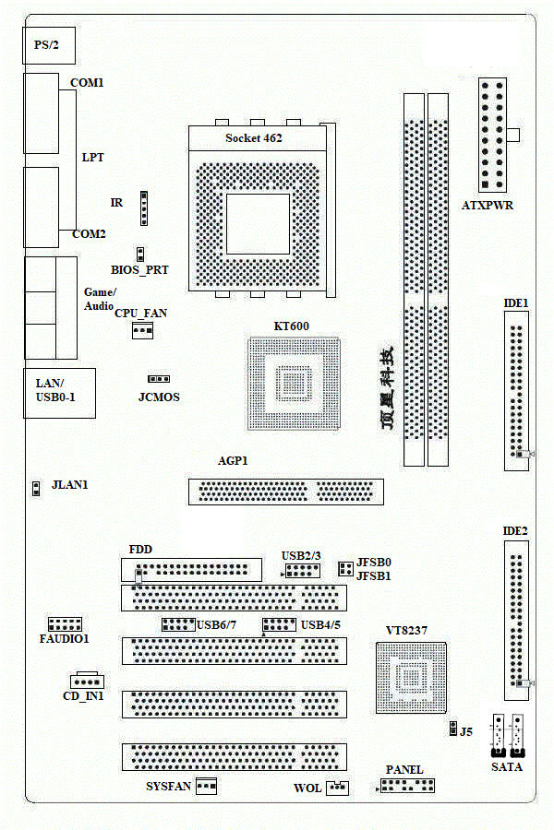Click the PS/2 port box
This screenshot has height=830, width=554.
[49, 45]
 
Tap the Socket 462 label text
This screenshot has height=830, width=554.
[253, 138]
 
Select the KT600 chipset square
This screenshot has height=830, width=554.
[294, 384]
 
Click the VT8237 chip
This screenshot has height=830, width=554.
[411, 678]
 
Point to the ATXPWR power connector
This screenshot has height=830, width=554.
[492, 135]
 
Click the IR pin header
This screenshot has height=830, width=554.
[144, 208]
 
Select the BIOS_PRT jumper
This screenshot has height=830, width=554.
[140, 255]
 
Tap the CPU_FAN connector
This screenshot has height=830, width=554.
[142, 331]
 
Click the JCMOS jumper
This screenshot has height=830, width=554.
[159, 379]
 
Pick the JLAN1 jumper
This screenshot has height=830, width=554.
[36, 488]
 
